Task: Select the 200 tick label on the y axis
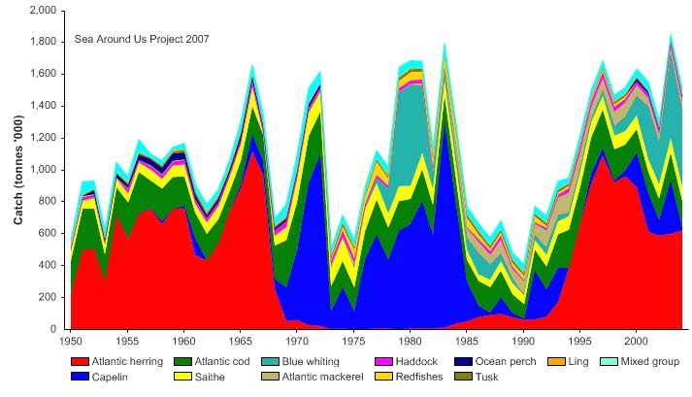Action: tap(49, 297)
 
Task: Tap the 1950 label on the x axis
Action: tap(71, 341)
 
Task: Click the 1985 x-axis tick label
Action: tap(467, 341)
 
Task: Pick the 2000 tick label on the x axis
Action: tap(636, 341)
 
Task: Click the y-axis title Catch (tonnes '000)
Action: tap(17, 170)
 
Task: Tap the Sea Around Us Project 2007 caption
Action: tap(142, 39)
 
